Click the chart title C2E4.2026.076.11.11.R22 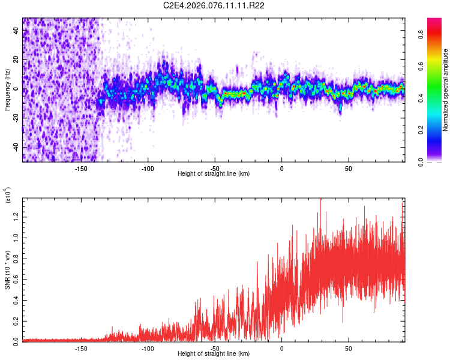tap(214, 6)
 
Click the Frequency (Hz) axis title tap(7, 89)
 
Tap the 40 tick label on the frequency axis tap(16, 31)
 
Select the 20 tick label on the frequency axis tap(16, 60)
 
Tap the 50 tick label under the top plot tap(349, 168)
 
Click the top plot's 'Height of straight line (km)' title tap(214, 174)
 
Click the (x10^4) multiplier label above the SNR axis tap(8, 195)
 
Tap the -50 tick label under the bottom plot tap(215, 348)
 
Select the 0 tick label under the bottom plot tap(282, 348)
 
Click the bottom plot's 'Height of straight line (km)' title tap(214, 354)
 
